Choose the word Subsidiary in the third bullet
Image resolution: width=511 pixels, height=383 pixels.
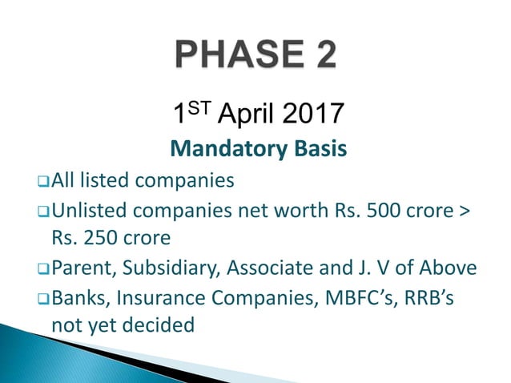pos(170,268)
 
